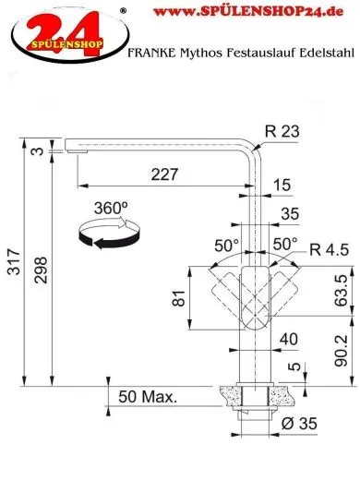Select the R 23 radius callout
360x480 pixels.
(280, 132)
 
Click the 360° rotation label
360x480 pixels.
(112, 209)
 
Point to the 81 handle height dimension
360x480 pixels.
(178, 297)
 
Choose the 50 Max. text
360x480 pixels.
(149, 398)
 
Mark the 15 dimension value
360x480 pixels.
(282, 186)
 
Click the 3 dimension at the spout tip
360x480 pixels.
(33, 151)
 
